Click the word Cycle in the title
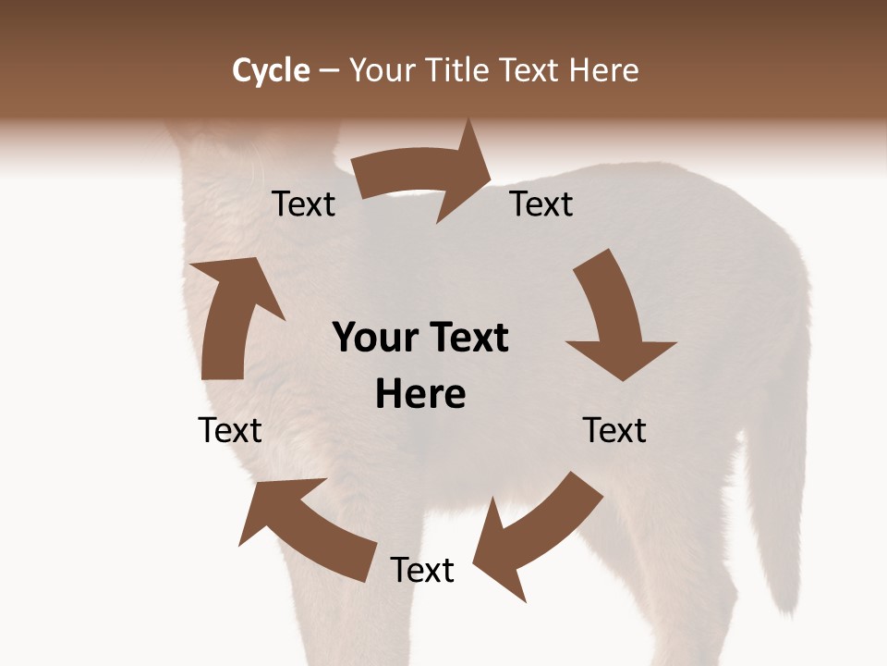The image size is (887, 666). click(x=271, y=70)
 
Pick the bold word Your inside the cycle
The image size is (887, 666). click(x=374, y=339)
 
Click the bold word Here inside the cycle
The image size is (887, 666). click(x=420, y=395)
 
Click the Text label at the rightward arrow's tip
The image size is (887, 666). click(x=541, y=203)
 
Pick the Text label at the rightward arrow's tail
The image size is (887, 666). click(x=303, y=204)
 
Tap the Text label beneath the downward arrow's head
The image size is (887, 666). click(x=614, y=430)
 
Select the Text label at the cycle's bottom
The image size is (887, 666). click(x=422, y=570)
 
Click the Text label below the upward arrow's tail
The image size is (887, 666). click(x=230, y=430)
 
